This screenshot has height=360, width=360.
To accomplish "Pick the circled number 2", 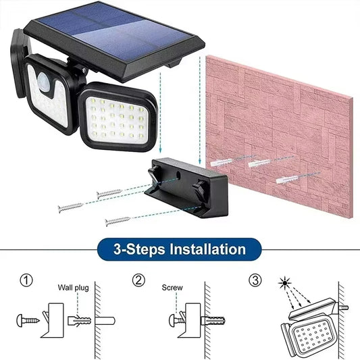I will pos(139,280).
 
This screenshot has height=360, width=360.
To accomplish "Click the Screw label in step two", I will pos(172,286).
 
